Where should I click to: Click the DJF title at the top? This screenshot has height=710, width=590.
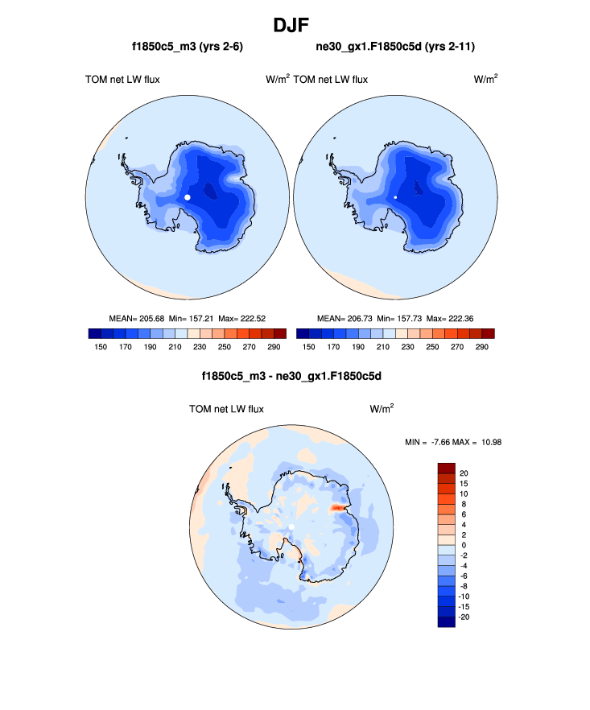point(295,25)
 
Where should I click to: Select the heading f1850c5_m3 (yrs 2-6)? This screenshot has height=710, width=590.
point(188,47)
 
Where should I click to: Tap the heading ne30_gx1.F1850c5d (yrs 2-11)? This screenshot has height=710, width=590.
point(395,47)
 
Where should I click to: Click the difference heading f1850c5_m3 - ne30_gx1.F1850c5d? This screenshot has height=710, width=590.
point(291,376)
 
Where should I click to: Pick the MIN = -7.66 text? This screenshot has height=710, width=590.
point(432,442)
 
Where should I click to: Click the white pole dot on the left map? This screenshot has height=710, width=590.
point(188,196)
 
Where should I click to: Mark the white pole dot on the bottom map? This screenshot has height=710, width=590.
point(291,527)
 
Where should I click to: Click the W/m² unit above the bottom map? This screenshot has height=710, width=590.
point(382,409)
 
